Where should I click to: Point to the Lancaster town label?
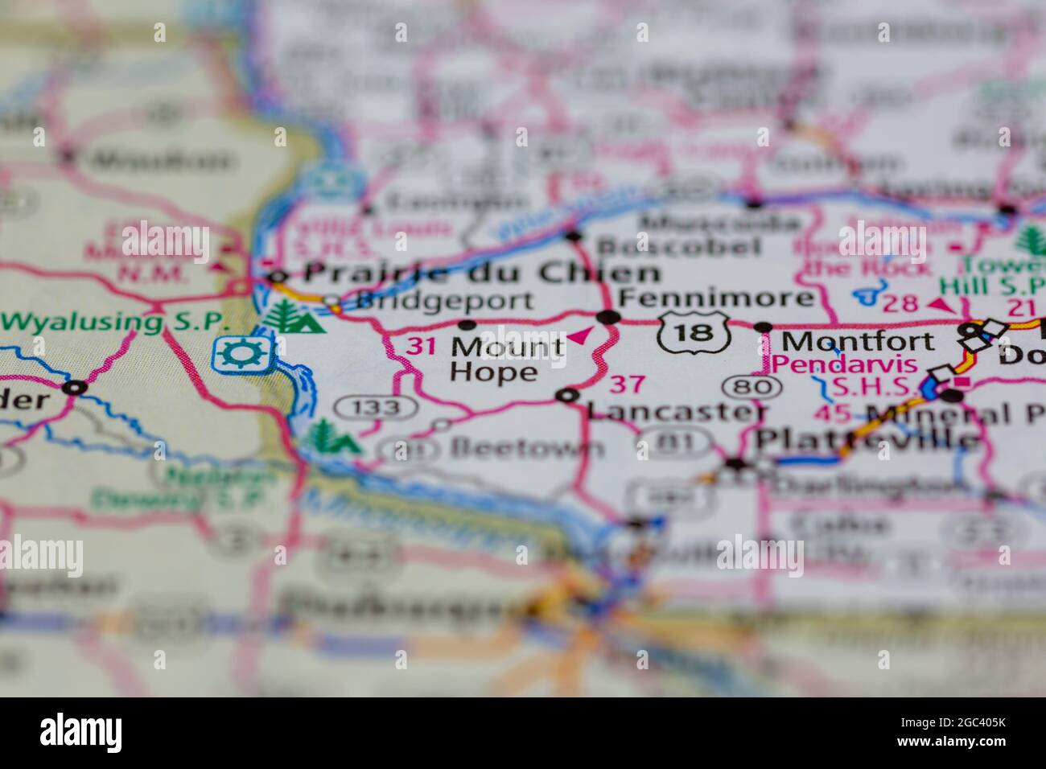tap(676, 411)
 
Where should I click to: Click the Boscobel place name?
tap(680, 245)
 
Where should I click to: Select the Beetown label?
tap(527, 447)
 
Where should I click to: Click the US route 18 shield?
tap(694, 332)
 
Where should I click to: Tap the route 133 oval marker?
tap(377, 408)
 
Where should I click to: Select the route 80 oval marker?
tap(752, 388)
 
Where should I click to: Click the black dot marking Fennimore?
tap(611, 317)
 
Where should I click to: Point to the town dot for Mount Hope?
tap(467, 326)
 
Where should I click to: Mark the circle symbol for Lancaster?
tap(568, 395)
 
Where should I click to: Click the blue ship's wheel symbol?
tap(234, 353)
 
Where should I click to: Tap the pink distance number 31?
tap(420, 347)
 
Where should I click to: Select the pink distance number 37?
tap(627, 384)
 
